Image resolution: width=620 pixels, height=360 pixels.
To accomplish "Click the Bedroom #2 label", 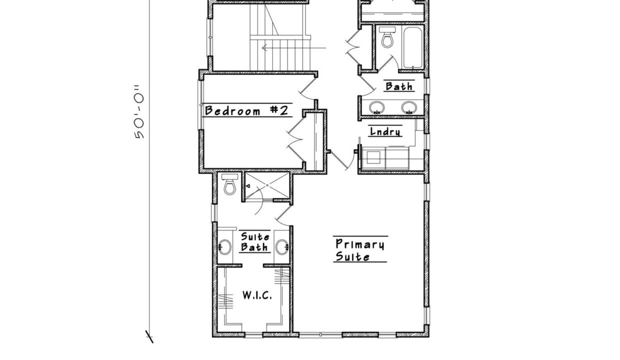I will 246,110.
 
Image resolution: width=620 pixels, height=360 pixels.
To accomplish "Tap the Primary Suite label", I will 360,250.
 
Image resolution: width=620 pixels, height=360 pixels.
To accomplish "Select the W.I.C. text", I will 257,295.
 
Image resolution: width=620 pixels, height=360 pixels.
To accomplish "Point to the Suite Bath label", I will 255,241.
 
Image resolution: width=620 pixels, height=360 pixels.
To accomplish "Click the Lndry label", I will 385,131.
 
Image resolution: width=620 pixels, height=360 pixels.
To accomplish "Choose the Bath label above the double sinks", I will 399,86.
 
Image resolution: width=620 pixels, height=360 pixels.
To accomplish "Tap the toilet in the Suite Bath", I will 230,184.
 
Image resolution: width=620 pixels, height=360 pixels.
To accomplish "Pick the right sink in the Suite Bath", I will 282,246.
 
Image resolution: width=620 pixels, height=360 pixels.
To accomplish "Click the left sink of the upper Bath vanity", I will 377,107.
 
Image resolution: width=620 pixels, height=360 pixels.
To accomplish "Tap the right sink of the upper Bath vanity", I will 409,107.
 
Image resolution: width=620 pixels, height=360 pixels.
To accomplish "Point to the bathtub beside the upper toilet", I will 413,47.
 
